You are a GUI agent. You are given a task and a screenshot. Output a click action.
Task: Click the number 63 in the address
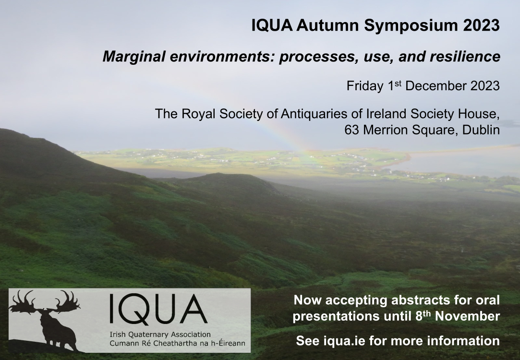352,130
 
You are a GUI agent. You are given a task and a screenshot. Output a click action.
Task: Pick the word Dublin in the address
481,130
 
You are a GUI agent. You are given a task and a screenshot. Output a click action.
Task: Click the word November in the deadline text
467,316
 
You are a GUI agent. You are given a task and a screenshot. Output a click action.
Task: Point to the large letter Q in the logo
137,309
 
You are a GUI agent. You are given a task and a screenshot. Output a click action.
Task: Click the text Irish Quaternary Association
160,335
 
